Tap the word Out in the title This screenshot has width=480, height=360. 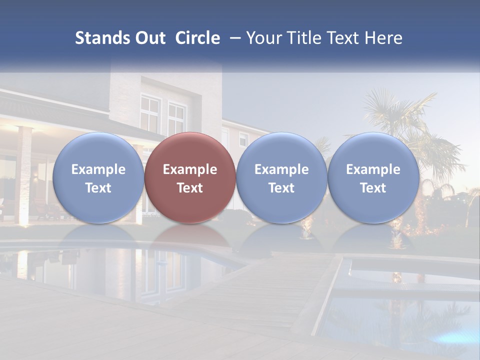coord(149,38)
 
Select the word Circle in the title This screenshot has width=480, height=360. coord(197,38)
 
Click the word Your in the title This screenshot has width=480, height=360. coord(263,38)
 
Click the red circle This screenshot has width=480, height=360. coord(190,150)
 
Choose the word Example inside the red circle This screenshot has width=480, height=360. coord(190,169)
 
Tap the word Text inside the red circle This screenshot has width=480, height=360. coord(190,188)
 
